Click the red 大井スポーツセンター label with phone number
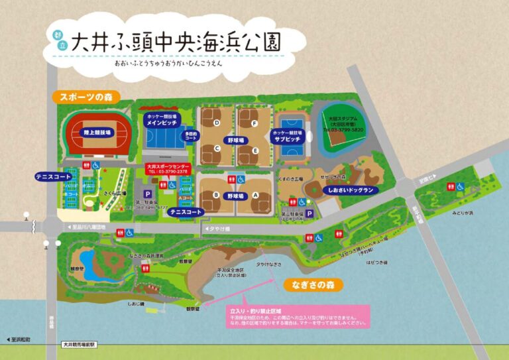point(168,168)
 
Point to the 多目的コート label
point(192,137)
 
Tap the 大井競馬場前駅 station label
point(80,345)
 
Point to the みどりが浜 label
point(463,213)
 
